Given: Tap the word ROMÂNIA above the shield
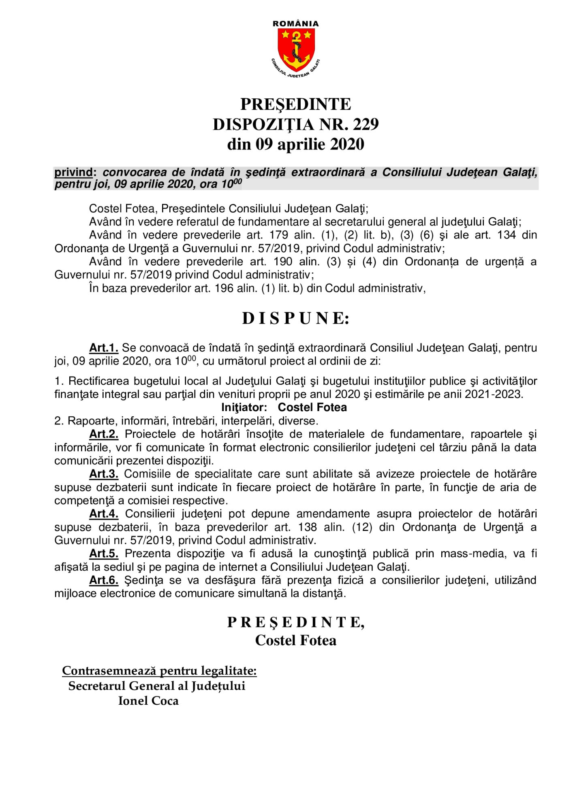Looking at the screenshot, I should tap(296, 24).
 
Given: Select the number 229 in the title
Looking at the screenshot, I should tap(365, 124).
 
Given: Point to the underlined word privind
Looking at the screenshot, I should tap(73, 172).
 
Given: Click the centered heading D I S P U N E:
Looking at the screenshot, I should tap(296, 319).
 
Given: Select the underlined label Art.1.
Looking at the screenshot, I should tap(104, 348).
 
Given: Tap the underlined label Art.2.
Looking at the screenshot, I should tap(104, 434).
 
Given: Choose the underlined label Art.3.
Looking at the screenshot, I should tap(104, 474).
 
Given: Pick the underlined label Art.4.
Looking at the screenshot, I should tap(104, 514).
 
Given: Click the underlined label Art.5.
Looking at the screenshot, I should tap(104, 554).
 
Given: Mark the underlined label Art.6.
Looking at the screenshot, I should tap(104, 580).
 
